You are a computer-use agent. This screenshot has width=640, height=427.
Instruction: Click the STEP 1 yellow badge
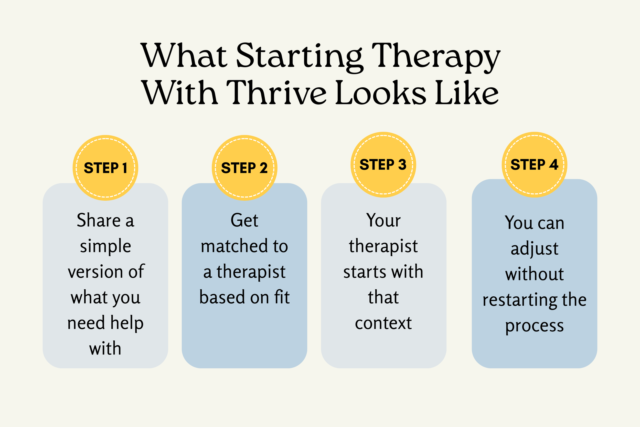(105, 168)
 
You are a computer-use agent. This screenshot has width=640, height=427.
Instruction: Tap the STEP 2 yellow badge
(244, 168)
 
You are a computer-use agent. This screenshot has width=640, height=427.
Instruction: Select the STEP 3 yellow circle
(383, 165)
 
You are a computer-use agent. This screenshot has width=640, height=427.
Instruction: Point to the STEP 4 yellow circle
(535, 165)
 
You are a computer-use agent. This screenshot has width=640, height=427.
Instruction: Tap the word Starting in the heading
(299, 56)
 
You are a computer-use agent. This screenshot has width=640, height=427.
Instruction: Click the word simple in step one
(105, 246)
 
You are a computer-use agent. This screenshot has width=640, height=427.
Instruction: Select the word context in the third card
(383, 323)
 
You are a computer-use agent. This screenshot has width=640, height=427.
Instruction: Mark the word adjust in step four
(535, 249)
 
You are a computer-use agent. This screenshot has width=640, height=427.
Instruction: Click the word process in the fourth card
(535, 326)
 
